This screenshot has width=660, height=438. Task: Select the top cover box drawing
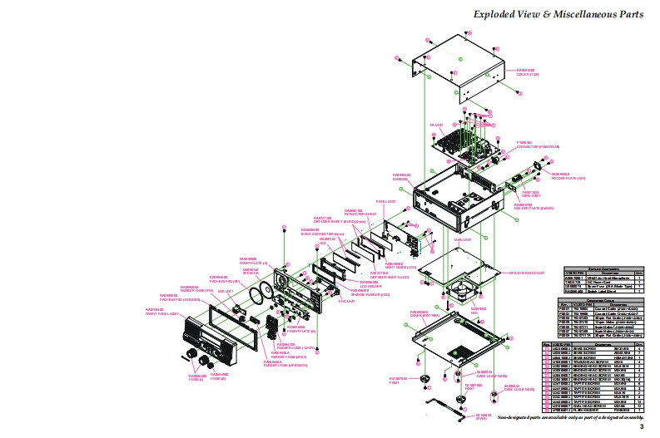pos(454,66)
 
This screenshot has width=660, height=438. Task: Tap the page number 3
pos(641,426)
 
